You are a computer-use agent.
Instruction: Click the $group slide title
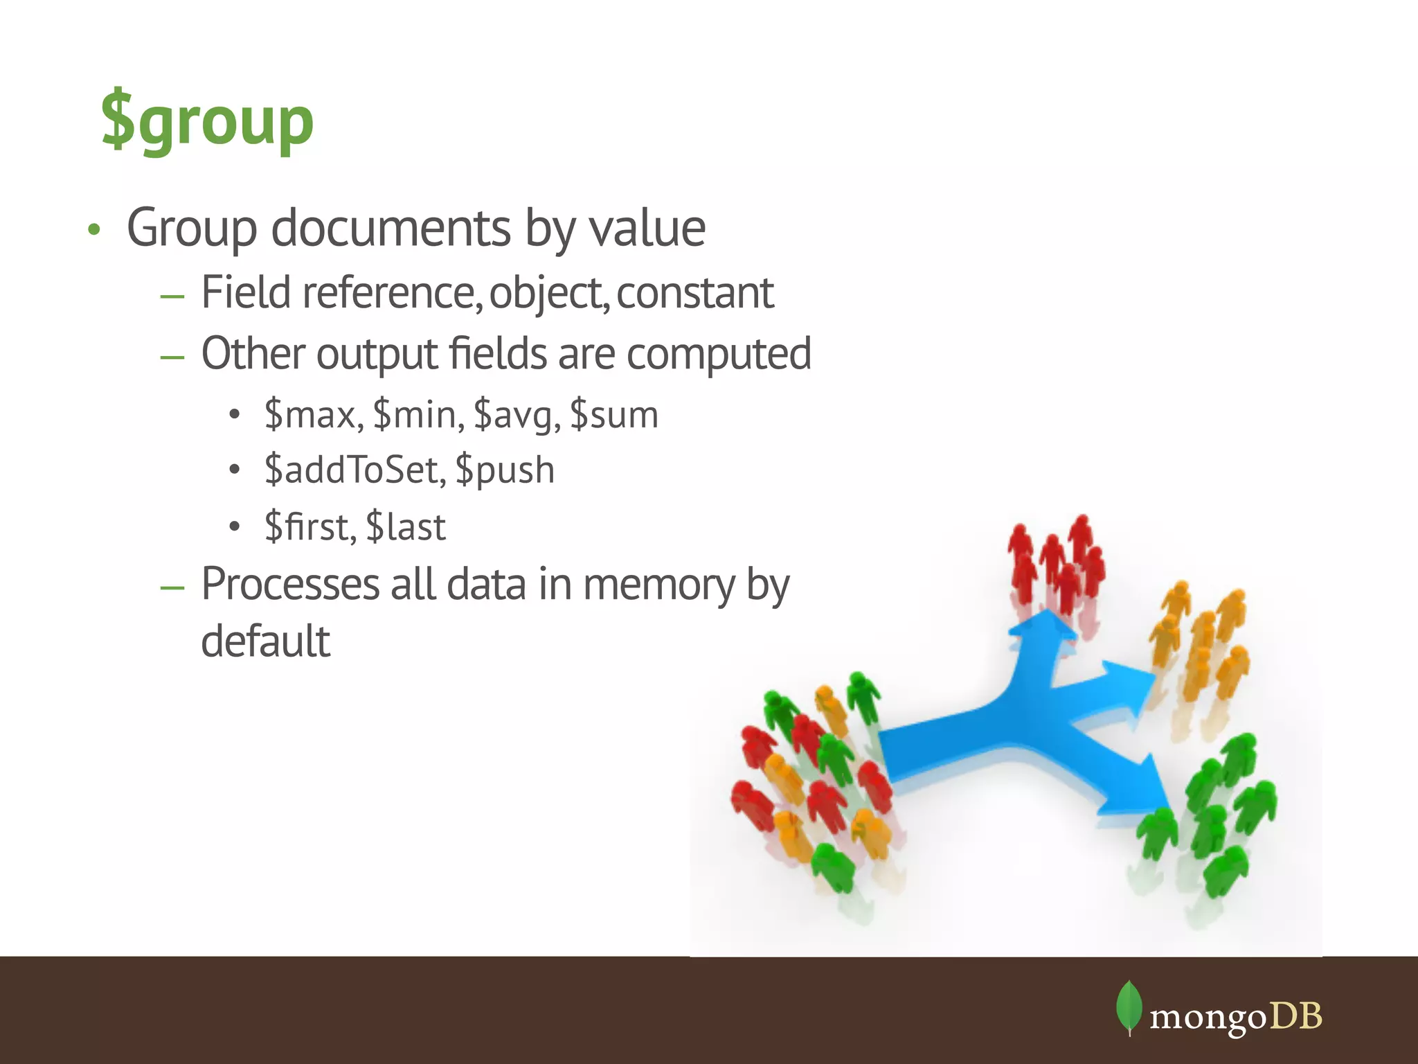click(208, 122)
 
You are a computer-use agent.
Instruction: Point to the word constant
click(694, 292)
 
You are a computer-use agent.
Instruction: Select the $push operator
click(505, 470)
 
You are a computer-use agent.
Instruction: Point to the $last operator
click(406, 526)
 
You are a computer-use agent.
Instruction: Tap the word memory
click(658, 585)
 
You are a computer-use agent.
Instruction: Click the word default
click(266, 641)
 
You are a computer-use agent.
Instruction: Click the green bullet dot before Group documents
click(94, 229)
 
